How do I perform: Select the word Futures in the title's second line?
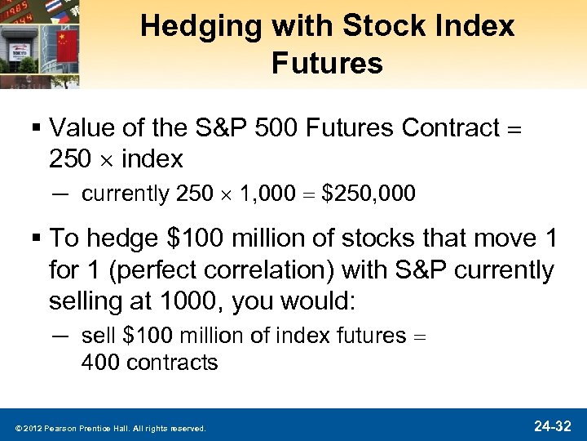pos(327,63)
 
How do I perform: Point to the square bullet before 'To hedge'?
pos(38,240)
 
